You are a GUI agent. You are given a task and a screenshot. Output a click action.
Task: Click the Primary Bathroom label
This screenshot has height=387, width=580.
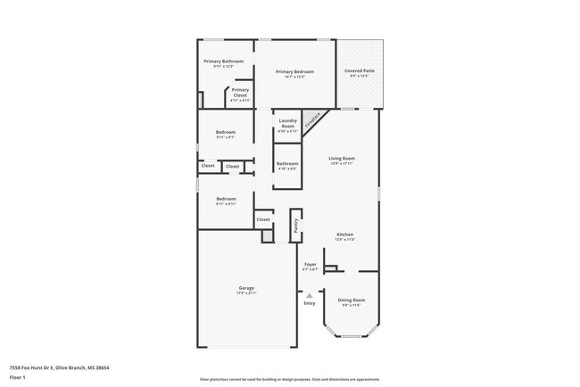point(223,62)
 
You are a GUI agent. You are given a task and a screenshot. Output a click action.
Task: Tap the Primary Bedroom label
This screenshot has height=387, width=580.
point(294,71)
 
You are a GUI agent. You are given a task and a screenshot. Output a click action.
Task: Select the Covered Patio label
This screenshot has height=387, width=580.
point(360,71)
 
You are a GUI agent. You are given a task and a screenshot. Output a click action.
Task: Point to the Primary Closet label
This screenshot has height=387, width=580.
point(240,92)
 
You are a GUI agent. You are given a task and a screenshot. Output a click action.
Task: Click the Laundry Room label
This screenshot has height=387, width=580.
point(287,124)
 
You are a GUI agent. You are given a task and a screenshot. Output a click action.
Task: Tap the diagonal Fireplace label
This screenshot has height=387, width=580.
point(313,120)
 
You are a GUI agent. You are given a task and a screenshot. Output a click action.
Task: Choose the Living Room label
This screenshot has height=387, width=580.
point(343,158)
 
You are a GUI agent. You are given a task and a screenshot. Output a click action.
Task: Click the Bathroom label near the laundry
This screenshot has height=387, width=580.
point(287,163)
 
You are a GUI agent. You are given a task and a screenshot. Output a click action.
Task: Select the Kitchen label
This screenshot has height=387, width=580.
point(344,235)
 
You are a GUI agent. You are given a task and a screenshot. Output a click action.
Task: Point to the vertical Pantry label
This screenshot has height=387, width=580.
point(296,225)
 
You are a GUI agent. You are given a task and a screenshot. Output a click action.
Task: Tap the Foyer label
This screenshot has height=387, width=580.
point(311,265)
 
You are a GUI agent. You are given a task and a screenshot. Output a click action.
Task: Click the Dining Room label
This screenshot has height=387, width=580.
point(352,301)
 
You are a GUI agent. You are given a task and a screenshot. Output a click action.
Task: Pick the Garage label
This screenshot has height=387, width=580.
point(246,288)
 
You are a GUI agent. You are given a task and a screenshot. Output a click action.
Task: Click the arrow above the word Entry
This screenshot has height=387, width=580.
point(310,295)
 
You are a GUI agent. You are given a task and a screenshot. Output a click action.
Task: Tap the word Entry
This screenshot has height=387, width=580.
point(310,304)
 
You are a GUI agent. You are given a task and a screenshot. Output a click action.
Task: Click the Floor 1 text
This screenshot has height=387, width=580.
point(16,377)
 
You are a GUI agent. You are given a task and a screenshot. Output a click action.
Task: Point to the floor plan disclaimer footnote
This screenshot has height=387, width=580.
point(290,379)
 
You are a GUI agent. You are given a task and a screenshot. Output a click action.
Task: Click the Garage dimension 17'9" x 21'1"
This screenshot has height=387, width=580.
point(246,293)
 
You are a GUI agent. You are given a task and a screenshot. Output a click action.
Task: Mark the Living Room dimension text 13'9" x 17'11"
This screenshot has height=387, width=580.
point(343,163)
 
